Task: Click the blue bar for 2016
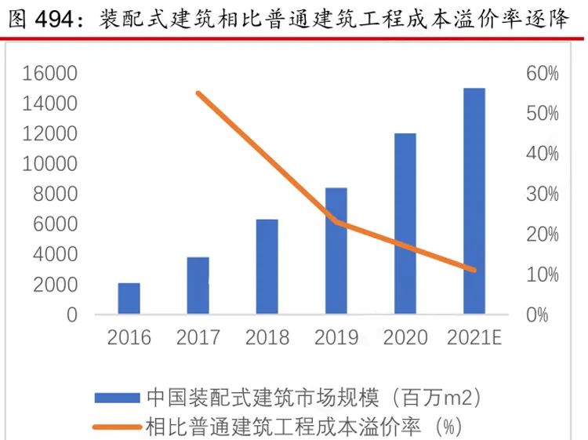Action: pos(129,299)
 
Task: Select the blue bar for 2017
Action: pos(198,285)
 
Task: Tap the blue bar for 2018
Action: pos(267,267)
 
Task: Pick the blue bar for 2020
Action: pos(405,224)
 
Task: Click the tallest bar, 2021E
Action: pos(474,202)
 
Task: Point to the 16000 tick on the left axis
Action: pos(49,74)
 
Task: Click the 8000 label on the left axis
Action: pos(56,195)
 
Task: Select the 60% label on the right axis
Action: pos(542,74)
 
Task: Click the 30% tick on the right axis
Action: pos(542,195)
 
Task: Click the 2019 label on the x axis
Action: pos(336,339)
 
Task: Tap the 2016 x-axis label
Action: pos(129,339)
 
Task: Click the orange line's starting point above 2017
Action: pos(198,93)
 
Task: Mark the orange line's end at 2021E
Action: pos(474,270)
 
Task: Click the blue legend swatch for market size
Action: pos(118,397)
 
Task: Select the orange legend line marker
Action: pos(118,427)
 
